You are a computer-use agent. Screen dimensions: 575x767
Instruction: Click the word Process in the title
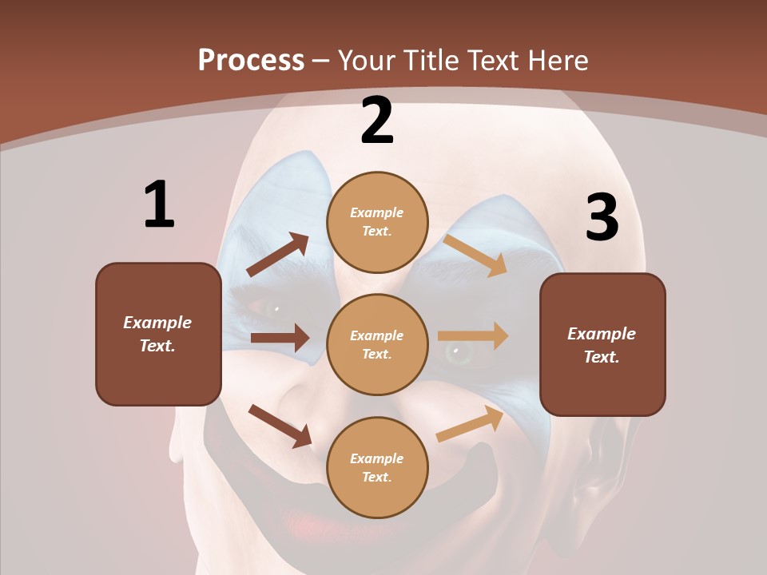(251, 61)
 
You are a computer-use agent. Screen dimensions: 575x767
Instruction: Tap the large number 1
(158, 205)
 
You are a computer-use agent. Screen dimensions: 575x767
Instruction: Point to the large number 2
(377, 121)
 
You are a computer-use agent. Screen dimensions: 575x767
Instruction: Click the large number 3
(602, 218)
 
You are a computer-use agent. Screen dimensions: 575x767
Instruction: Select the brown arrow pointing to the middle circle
(280, 338)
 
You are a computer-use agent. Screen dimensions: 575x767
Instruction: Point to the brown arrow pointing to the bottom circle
(280, 426)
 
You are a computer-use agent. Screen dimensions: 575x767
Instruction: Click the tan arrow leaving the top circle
(475, 255)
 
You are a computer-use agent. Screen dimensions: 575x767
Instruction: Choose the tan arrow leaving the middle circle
(473, 335)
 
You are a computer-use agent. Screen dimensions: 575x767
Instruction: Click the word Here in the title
(558, 61)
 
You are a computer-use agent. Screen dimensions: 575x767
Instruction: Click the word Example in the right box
(602, 334)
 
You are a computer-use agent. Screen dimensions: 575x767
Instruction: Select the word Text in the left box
(157, 346)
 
